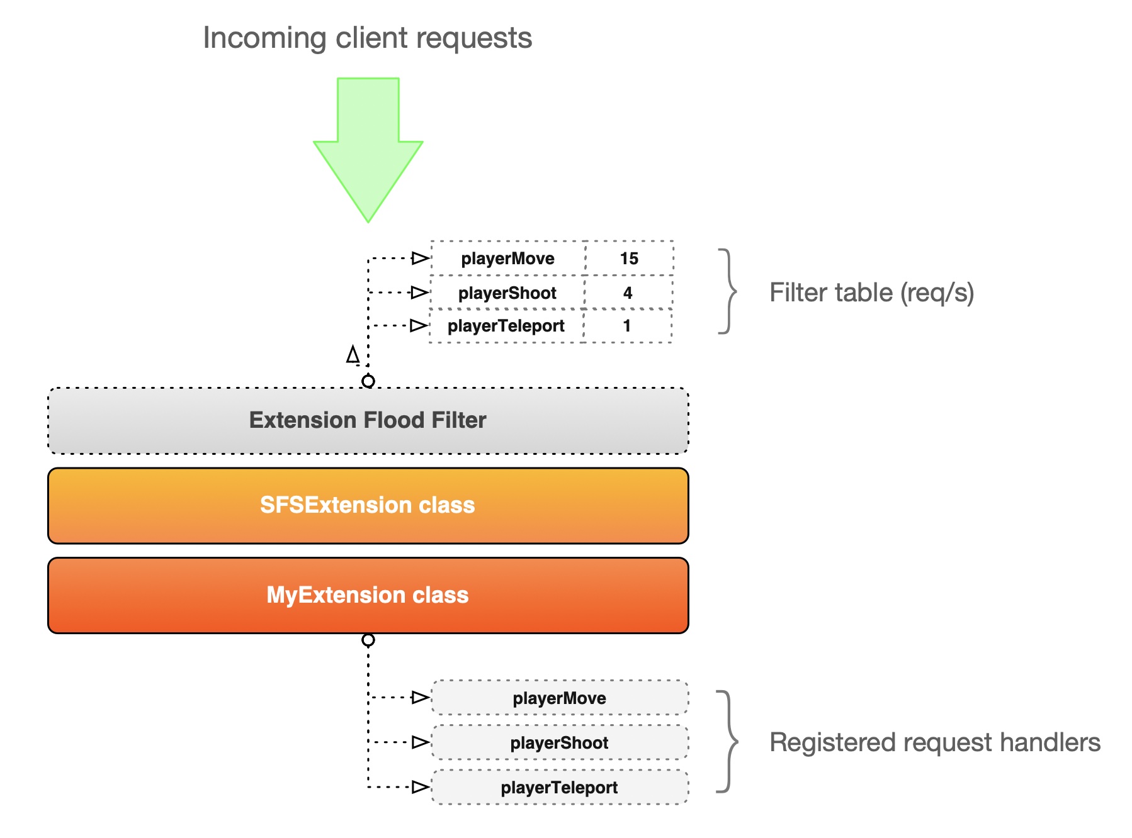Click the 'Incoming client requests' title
(x=367, y=38)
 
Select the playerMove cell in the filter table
(x=507, y=259)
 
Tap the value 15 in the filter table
(x=629, y=259)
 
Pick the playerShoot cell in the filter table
(x=507, y=293)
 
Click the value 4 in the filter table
(x=628, y=293)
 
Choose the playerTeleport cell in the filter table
(x=506, y=326)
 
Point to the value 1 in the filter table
(x=627, y=326)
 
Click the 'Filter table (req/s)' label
(x=871, y=293)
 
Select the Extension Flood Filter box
(x=368, y=420)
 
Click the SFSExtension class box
(x=368, y=505)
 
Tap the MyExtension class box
(x=368, y=595)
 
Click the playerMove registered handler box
(x=560, y=698)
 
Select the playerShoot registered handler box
(x=560, y=743)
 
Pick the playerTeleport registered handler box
(x=560, y=788)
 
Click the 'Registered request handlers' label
(x=934, y=742)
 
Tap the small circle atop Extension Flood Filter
(x=368, y=381)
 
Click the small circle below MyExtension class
(x=368, y=640)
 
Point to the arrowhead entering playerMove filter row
(x=420, y=258)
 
